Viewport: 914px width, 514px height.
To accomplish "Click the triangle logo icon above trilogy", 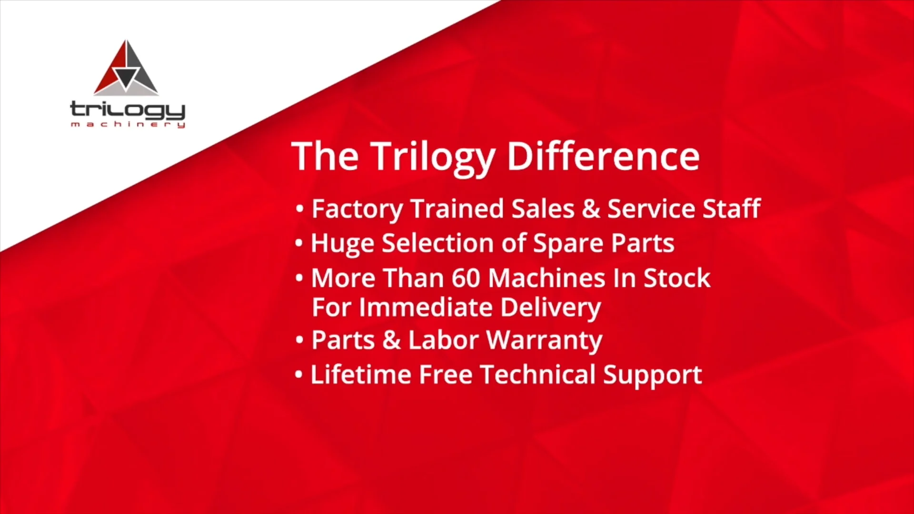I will (x=126, y=69).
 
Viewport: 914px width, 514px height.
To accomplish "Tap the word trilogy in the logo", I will (x=128, y=110).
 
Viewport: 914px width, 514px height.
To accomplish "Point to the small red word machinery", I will (x=128, y=125).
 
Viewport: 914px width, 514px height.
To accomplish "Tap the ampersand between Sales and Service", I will (x=591, y=209).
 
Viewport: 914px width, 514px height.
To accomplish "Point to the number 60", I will (x=466, y=278).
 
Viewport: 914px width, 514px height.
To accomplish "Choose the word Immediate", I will (x=426, y=307).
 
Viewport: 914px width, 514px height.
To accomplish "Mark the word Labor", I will (x=443, y=340).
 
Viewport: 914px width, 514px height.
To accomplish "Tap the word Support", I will (x=652, y=376).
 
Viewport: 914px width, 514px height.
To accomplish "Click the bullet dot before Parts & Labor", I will (x=299, y=340).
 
